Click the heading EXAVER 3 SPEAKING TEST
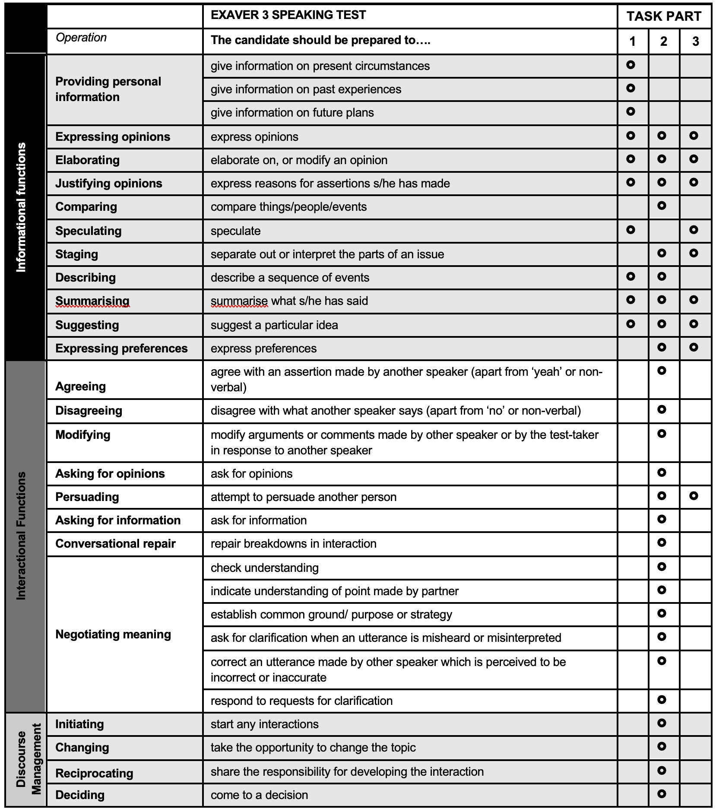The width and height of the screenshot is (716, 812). pyautogui.click(x=288, y=15)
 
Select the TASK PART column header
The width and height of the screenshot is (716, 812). pyautogui.click(x=664, y=16)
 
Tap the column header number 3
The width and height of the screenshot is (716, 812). pyautogui.click(x=695, y=41)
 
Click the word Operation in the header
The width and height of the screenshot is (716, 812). pyautogui.click(x=81, y=38)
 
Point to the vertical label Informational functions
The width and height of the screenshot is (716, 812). pyautogui.click(x=21, y=207)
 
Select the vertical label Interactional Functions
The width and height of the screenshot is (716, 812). pyautogui.click(x=21, y=536)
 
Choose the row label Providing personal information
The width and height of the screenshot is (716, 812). pyautogui.click(x=108, y=89)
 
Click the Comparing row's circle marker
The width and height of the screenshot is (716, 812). pyautogui.click(x=662, y=206)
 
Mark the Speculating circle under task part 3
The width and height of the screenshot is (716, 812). pyautogui.click(x=694, y=230)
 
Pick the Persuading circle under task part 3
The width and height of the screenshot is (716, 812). pyautogui.click(x=694, y=496)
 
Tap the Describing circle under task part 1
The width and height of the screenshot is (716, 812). pyautogui.click(x=630, y=276)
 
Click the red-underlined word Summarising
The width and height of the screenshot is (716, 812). pyautogui.click(x=92, y=301)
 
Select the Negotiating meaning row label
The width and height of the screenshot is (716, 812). pyautogui.click(x=113, y=634)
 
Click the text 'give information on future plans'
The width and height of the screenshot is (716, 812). pyautogui.click(x=292, y=113)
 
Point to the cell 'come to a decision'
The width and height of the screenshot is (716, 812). pyautogui.click(x=259, y=795)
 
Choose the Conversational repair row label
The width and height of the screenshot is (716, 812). pyautogui.click(x=115, y=543)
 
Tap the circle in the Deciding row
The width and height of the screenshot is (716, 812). pyautogui.click(x=662, y=794)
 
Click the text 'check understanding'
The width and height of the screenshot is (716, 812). pyautogui.click(x=264, y=568)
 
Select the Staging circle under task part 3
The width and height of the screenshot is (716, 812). pyautogui.click(x=694, y=253)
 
